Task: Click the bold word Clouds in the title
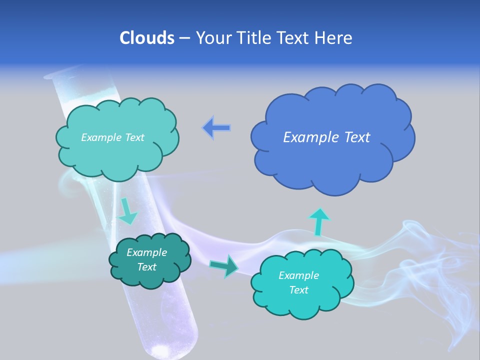pos(147,38)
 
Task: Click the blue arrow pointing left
pos(217,128)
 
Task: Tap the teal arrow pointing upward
pos(318,221)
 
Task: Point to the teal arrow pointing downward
pos(127,211)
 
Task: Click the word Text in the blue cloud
pos(357,137)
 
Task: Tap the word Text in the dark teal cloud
pos(146,267)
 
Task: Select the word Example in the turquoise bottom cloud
pos(298,275)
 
